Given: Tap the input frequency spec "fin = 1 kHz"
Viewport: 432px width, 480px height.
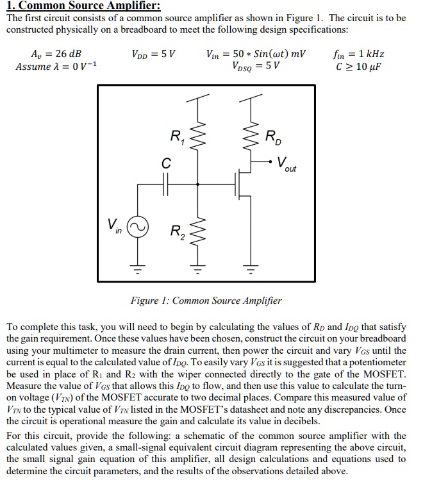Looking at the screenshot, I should [x=359, y=54].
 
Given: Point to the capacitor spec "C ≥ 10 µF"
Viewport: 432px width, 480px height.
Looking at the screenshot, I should [x=358, y=67].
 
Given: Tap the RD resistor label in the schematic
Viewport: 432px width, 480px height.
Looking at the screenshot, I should [x=272, y=137].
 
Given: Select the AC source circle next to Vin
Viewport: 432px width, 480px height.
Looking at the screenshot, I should [x=138, y=226].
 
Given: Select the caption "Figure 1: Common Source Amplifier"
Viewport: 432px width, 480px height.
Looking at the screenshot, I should [x=206, y=300].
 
